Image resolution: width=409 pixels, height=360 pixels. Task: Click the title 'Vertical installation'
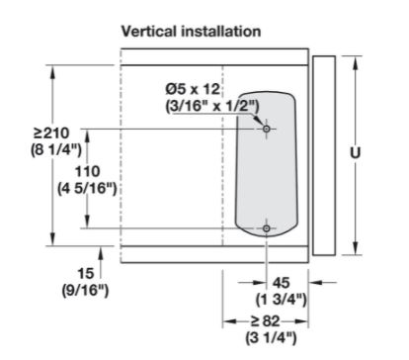click(191, 32)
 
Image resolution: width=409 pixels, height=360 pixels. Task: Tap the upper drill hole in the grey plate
click(267, 129)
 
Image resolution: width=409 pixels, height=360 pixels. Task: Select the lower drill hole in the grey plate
click(267, 228)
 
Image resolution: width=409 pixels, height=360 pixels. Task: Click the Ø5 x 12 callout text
click(193, 89)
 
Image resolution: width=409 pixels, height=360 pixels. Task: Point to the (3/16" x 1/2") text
click(212, 107)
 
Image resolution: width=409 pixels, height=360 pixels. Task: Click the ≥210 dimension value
click(51, 134)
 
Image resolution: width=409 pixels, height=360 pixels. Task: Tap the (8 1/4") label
click(56, 150)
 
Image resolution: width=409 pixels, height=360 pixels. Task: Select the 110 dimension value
click(88, 172)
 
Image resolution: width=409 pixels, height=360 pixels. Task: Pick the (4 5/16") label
click(87, 189)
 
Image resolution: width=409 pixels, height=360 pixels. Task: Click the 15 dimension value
click(86, 274)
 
